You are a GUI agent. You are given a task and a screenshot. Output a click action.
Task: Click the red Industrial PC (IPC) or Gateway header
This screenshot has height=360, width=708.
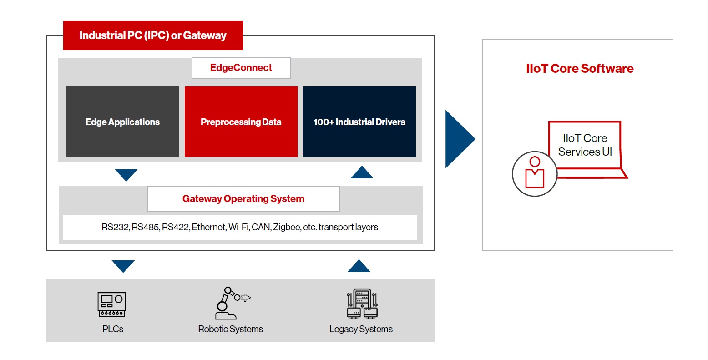click(x=153, y=35)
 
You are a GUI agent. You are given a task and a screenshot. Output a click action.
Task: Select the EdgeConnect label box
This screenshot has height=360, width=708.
click(x=241, y=68)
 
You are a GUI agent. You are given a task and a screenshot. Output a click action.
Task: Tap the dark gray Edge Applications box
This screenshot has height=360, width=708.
click(x=122, y=122)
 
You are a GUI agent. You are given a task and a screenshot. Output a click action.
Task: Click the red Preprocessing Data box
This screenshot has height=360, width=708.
click(x=241, y=122)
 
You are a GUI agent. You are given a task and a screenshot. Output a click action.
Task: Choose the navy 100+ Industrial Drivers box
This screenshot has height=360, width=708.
click(x=359, y=122)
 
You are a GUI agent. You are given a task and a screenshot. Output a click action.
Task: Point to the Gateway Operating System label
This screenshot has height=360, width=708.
click(x=243, y=199)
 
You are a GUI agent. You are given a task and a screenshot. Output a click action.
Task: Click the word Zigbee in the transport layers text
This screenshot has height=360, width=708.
click(x=286, y=227)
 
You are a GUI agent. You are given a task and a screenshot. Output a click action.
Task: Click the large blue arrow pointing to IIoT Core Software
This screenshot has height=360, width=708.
click(x=458, y=139)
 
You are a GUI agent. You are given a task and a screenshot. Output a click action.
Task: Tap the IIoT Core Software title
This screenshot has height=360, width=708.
click(x=580, y=69)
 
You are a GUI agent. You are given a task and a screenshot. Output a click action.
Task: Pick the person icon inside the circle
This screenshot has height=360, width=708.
click(x=535, y=173)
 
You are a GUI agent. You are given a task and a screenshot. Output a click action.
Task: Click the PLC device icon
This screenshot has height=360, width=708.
click(x=112, y=304)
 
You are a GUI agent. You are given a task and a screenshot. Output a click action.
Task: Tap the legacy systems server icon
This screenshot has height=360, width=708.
click(x=362, y=304)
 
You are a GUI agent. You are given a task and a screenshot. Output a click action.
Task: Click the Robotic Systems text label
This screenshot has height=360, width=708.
click(x=230, y=329)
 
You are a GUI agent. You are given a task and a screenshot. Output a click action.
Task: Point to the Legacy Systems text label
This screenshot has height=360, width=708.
click(x=361, y=329)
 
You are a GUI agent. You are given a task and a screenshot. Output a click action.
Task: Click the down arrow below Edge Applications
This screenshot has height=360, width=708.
click(x=126, y=175)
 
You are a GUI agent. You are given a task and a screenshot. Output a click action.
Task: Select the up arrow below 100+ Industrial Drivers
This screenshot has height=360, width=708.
click(x=362, y=172)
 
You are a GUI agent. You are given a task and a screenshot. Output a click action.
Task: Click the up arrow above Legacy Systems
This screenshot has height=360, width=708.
click(x=359, y=266)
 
